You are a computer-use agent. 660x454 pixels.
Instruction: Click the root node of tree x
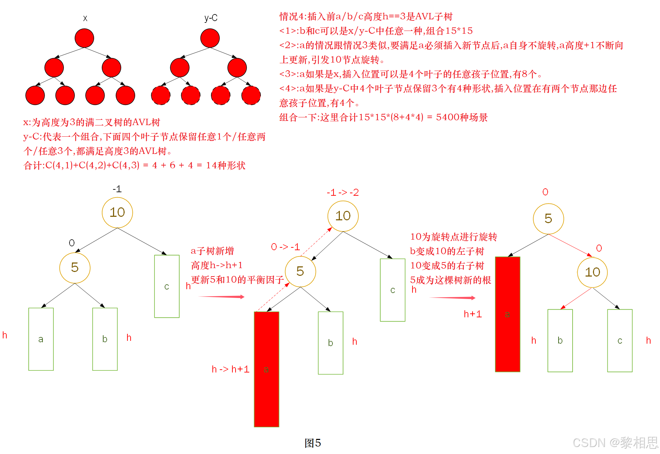tap(84, 38)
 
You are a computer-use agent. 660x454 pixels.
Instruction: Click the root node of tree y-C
tap(210, 38)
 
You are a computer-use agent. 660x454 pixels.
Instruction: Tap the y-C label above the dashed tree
tap(211, 18)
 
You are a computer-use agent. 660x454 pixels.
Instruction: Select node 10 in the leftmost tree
tap(117, 212)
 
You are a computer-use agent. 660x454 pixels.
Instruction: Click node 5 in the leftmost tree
tap(75, 267)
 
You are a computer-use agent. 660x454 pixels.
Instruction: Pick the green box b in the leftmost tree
tap(105, 339)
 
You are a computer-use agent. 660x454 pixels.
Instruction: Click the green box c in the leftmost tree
tap(167, 286)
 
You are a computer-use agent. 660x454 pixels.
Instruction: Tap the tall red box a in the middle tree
tap(266, 369)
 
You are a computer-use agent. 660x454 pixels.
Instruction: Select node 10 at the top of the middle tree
tap(343, 216)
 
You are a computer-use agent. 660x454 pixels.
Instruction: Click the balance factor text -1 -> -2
tap(343, 193)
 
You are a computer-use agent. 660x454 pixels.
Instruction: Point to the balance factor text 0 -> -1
tap(285, 247)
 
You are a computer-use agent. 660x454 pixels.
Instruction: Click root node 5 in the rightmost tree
tap(548, 219)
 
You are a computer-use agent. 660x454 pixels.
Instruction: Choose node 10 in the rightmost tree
tap(593, 272)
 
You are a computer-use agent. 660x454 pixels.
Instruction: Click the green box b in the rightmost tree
tap(560, 340)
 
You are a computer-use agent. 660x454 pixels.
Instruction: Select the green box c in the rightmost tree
tap(620, 340)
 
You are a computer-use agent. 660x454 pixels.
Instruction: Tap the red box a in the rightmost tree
tap(507, 314)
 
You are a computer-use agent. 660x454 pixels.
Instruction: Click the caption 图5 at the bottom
tap(312, 443)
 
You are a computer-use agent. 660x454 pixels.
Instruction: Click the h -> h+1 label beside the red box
tap(230, 369)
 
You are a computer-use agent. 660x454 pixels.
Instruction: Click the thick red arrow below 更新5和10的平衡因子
tap(221, 297)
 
